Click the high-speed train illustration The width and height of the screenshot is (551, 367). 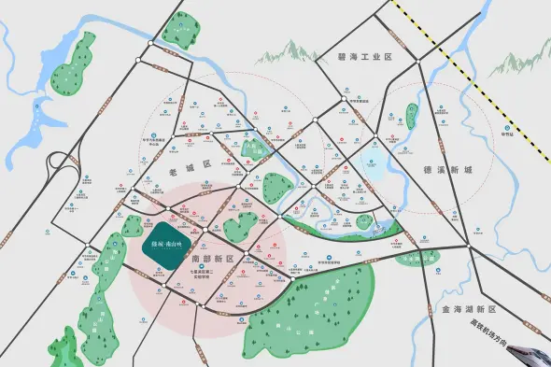click(x=530, y=356)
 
